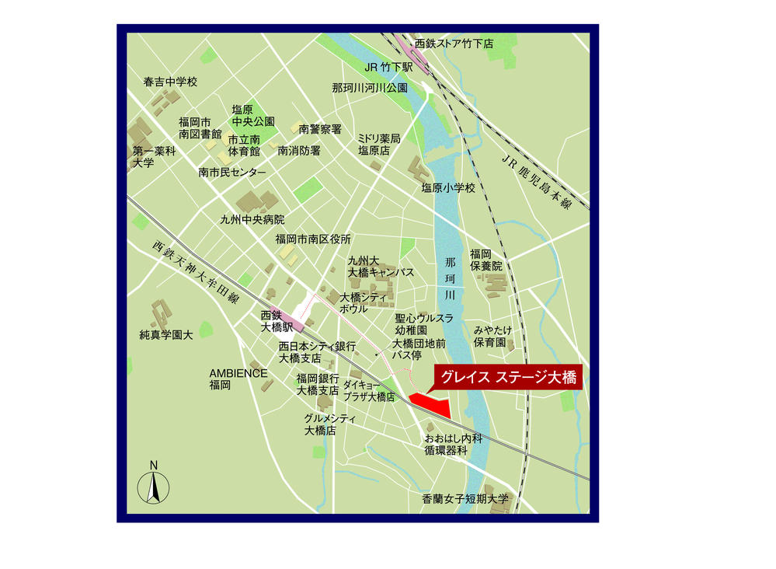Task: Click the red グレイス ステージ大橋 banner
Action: pos(508,379)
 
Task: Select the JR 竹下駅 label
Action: pos(388,68)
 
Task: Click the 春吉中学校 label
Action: pos(170,82)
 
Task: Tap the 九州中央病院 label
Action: pos(252,219)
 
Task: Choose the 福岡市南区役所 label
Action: pos(313,239)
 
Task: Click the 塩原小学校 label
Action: pos(448,187)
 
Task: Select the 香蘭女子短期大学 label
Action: pos(465,499)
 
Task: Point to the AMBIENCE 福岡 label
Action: pos(238,379)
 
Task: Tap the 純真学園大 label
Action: pos(165,336)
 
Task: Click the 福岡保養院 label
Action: pos(486,260)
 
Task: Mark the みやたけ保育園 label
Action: pos(490,336)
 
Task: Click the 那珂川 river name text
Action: pos(450,279)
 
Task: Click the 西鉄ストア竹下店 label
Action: pos(454,44)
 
